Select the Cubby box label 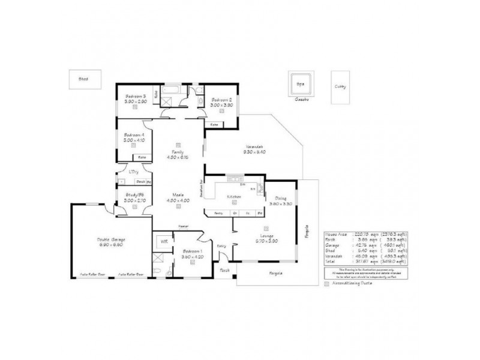click(340, 86)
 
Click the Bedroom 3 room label click(136, 96)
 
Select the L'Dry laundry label click(134, 172)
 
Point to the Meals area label click(178, 194)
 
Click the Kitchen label click(233, 196)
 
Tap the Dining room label click(281, 198)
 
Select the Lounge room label click(266, 236)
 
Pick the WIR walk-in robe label click(163, 241)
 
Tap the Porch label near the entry click(225, 271)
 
